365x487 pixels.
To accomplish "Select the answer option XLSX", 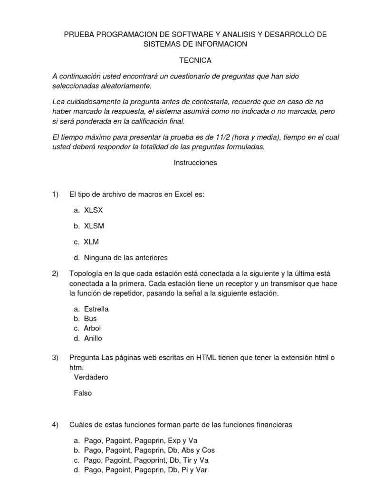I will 93,211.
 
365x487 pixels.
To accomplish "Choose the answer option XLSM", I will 94,226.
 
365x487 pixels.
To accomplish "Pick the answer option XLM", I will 91,242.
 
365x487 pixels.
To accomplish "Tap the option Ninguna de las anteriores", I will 126,257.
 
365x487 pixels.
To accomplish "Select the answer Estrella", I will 96,309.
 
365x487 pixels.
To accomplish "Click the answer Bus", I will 90,319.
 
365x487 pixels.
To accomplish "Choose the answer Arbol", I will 92,328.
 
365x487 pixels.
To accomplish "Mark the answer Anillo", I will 93,338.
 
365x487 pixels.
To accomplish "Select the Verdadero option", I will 91,377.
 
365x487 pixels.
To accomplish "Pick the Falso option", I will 83,393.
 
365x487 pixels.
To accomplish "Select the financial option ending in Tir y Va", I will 146,460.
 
